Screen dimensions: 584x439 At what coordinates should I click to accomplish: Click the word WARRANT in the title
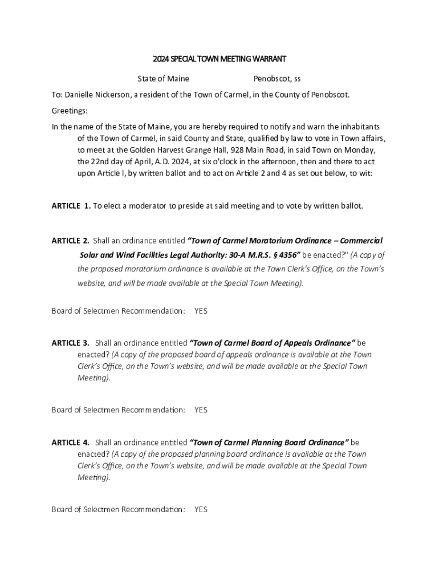[267, 59]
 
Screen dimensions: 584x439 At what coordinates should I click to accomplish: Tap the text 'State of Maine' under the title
[163, 78]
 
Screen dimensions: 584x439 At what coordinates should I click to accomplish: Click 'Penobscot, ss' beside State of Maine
[277, 78]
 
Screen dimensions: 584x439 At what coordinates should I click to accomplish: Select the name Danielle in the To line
[82, 94]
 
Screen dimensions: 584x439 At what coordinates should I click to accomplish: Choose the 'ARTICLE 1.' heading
[71, 205]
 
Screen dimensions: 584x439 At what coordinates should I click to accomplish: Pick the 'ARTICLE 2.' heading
[70, 241]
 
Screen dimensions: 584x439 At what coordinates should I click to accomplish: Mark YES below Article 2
[201, 311]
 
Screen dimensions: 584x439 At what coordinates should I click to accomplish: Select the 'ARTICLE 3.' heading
[70, 343]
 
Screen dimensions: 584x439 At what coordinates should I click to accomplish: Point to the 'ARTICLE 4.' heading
[70, 442]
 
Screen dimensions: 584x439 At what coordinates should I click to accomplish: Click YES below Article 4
[201, 509]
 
